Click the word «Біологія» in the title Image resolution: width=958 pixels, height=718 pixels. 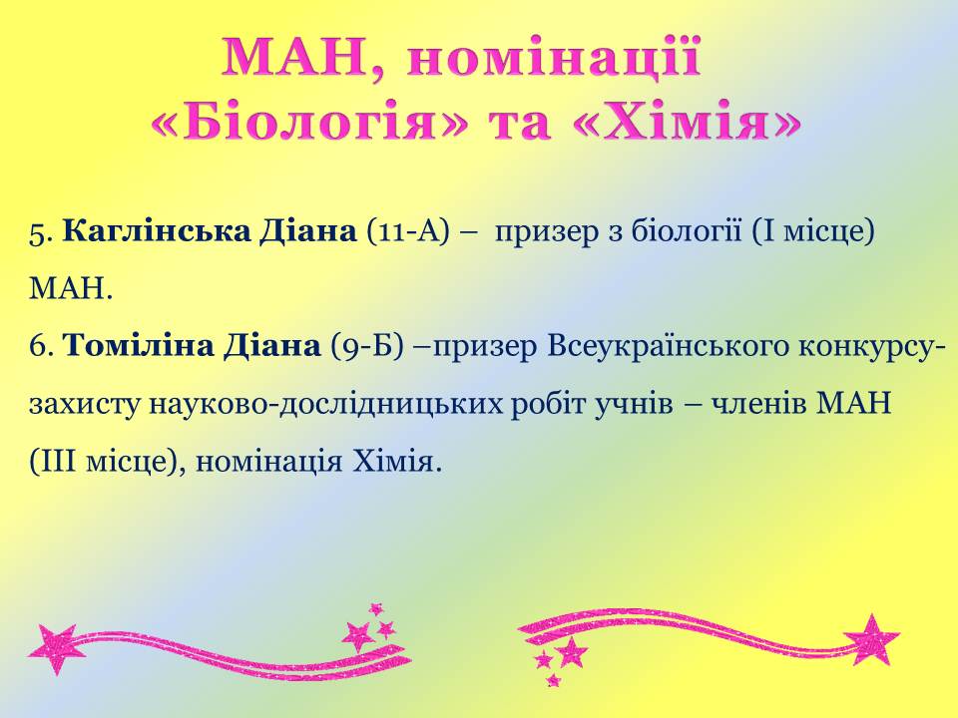click(x=309, y=124)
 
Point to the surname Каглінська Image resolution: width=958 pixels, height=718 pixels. click(x=157, y=232)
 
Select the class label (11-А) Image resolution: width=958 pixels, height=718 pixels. click(x=407, y=232)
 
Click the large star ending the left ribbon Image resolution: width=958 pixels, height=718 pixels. click(x=53, y=648)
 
